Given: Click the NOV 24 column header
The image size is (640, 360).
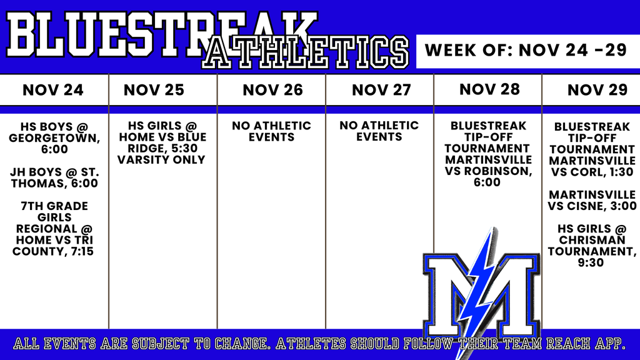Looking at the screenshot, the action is pos(53,90).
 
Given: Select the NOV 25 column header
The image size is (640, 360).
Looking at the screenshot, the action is pos(154,90).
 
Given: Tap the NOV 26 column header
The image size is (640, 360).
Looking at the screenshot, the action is pos(272,90).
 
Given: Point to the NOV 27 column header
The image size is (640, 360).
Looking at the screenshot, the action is pos(381,90).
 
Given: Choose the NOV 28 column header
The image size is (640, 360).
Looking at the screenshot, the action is pos(489,89).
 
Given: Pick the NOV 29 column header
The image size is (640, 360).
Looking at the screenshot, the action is pos(597,90).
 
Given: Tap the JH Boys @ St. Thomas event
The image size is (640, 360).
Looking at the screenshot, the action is pos(54,177).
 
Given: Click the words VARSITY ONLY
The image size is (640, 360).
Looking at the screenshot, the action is pos(161,159).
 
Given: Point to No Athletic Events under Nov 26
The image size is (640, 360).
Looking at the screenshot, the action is pos(271,131).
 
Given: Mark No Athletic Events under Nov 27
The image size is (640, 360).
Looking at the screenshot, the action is pos(379,131).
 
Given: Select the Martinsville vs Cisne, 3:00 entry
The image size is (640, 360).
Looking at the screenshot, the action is pos(592,201).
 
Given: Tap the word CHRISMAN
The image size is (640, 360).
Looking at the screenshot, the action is pos(592,240).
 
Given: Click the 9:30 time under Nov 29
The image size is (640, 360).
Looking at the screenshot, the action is pos(591,262).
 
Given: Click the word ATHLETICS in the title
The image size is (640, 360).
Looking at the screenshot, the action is pos(305,52).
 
